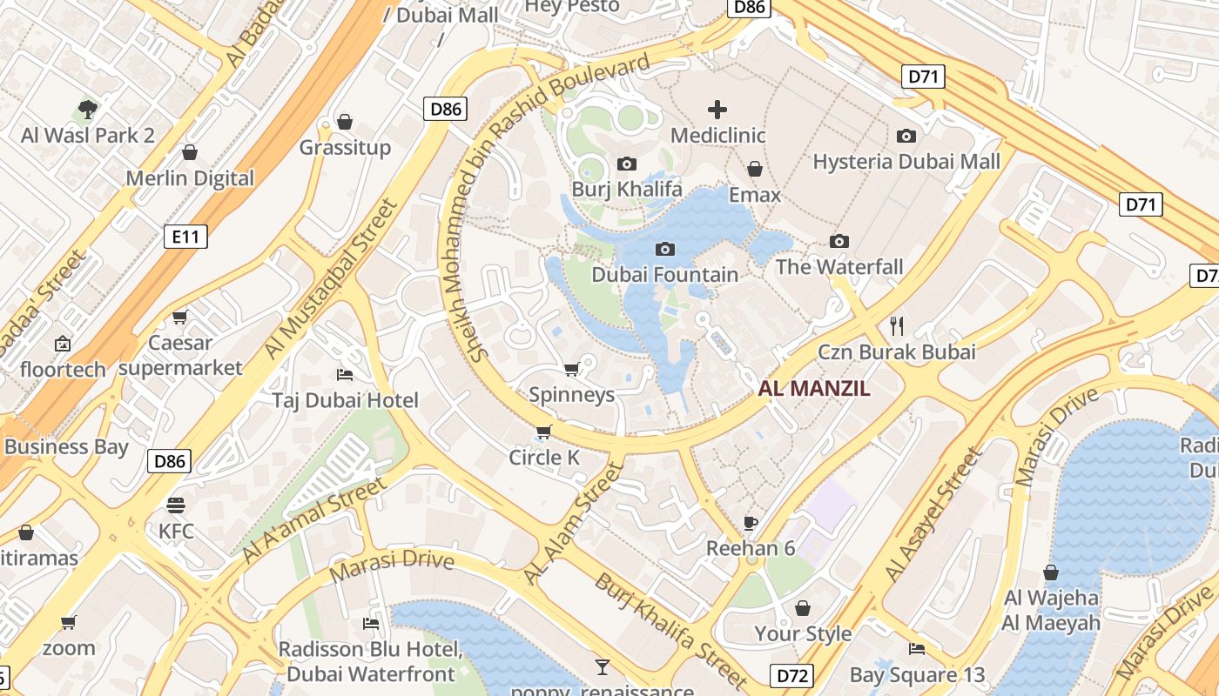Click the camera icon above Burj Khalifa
626,164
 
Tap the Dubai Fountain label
664,274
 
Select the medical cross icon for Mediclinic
717,110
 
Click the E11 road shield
185,236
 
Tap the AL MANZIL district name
814,389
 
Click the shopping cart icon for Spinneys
572,370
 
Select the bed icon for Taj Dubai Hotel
345,375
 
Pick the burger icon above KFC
176,505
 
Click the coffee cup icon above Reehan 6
751,523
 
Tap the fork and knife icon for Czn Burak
897,326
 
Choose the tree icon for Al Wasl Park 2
87,110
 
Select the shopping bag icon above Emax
755,169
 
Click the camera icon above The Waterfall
839,241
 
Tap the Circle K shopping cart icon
544,432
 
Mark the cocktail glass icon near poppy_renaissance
602,667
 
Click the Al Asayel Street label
933,515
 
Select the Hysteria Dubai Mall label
906,162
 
